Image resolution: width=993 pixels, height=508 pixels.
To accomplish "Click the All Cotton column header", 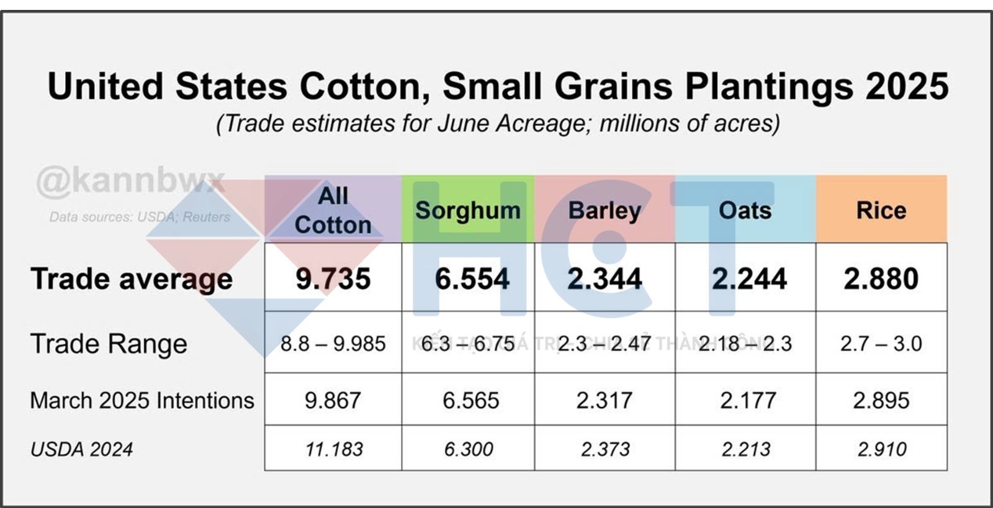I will click(333, 210).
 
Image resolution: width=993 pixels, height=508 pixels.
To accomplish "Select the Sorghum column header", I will click(468, 210).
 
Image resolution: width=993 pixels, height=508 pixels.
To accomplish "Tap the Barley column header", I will click(604, 210).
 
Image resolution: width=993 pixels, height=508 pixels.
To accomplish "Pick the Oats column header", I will click(745, 210).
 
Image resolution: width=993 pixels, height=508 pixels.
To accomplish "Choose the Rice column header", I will click(881, 210).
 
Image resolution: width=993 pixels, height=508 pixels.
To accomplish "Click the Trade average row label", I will click(132, 279).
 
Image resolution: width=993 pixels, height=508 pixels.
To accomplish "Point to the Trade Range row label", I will click(109, 344).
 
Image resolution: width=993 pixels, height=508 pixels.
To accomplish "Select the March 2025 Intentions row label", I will click(142, 401).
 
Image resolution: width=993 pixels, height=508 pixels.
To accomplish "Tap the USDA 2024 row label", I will click(81, 449).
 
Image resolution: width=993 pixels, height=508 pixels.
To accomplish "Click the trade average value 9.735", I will click(333, 279).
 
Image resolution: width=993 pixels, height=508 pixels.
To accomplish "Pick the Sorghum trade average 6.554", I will click(472, 279).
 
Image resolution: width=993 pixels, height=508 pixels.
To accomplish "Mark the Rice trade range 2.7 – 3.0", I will click(881, 343).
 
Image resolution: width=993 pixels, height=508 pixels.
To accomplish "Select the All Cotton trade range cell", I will click(333, 343).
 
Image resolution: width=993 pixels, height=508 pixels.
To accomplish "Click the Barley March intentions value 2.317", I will click(604, 401).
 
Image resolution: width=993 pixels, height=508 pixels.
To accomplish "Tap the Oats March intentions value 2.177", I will click(748, 401).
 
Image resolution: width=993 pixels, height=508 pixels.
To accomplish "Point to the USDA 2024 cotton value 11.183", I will click(334, 449).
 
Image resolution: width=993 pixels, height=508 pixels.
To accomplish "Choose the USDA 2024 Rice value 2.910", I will click(882, 449).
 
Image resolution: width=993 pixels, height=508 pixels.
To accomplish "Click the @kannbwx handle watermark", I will click(130, 181).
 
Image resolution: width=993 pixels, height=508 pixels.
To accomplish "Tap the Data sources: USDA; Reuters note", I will click(140, 217).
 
